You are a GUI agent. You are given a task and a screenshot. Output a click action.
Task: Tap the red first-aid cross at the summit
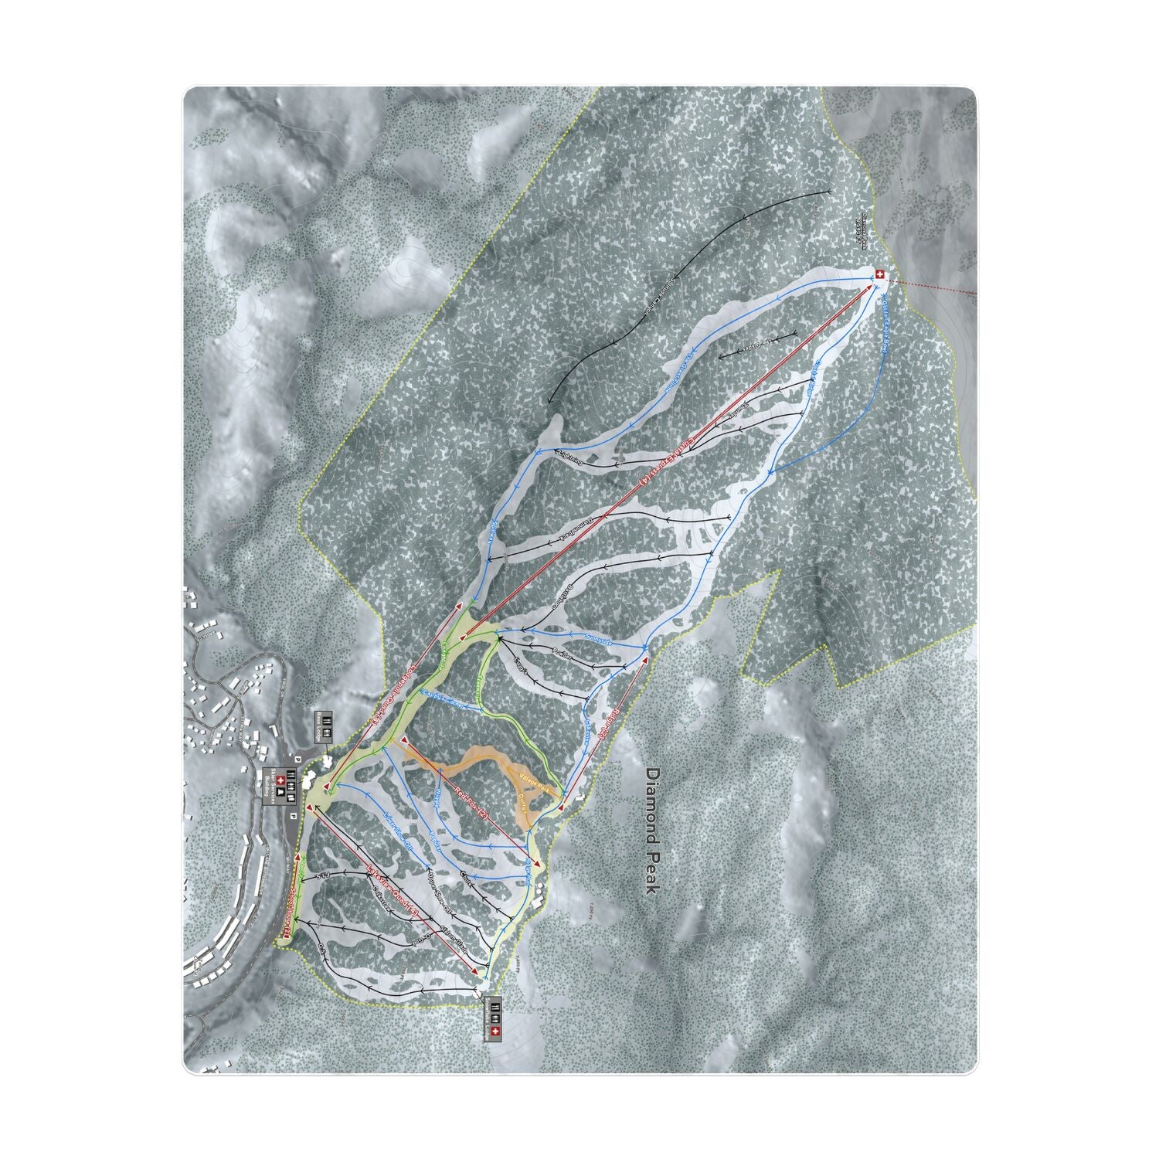tap(879, 274)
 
